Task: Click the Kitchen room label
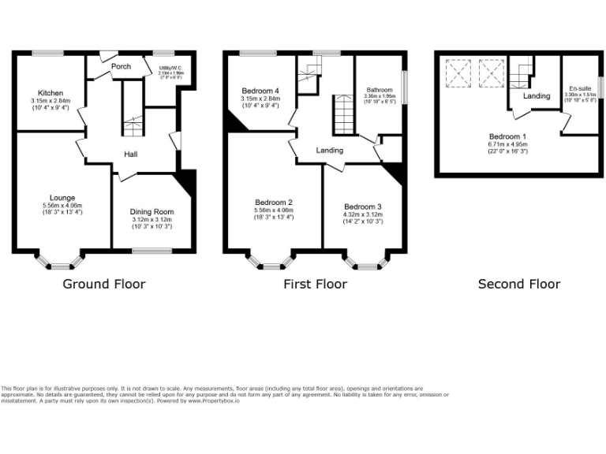50,93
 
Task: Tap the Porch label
121,67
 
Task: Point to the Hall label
131,154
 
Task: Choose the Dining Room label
151,212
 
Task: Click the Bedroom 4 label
260,91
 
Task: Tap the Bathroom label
380,91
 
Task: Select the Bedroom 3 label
363,207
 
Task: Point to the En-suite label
579,88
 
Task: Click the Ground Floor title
103,284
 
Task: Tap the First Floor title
316,284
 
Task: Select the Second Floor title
519,284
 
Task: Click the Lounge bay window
60,262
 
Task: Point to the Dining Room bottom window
151,251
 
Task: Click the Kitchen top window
49,53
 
